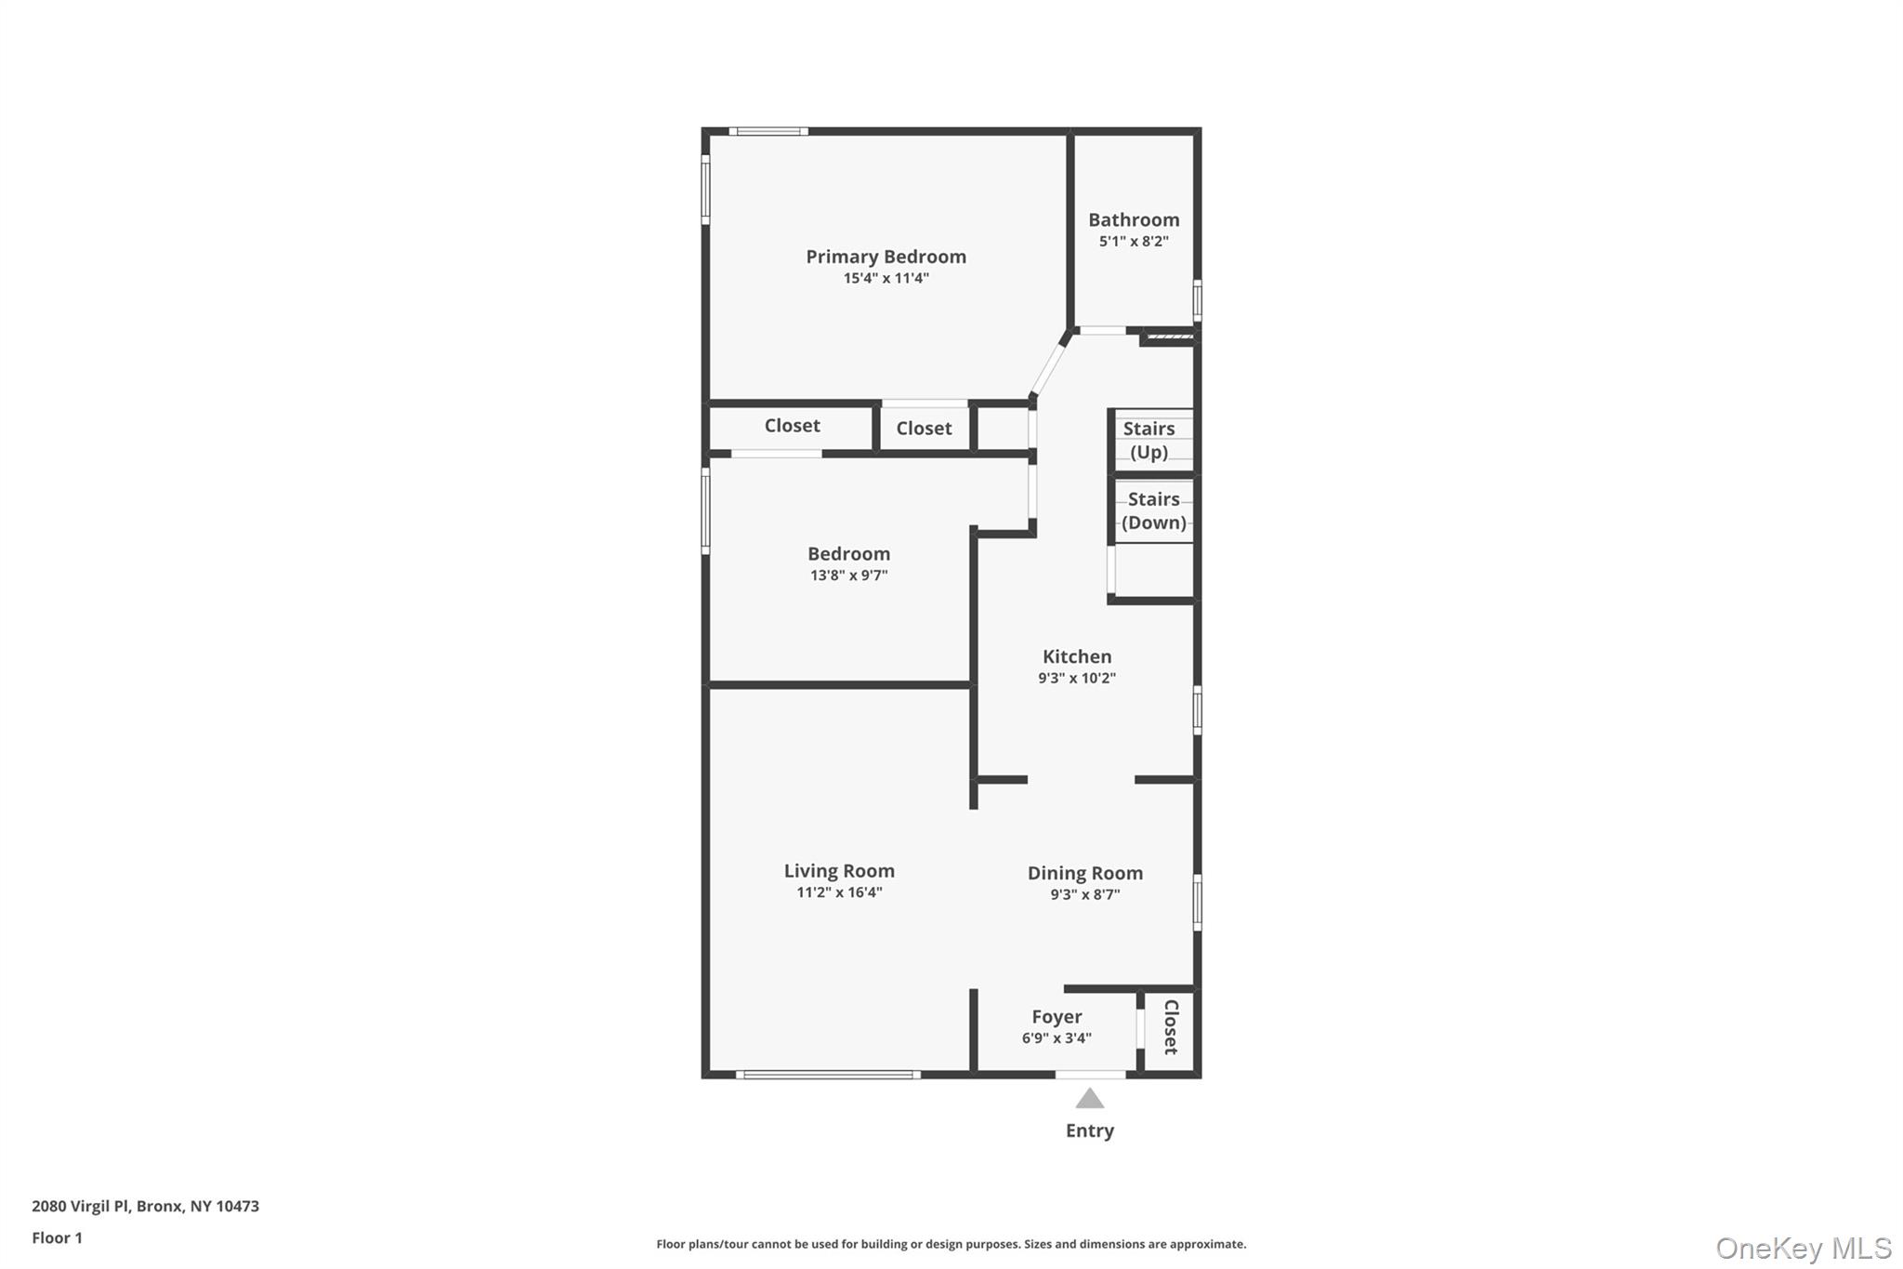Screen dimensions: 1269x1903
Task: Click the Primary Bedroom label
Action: tap(886, 257)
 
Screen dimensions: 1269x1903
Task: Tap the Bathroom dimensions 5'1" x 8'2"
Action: tap(1134, 242)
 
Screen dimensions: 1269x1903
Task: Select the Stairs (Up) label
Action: tap(1148, 441)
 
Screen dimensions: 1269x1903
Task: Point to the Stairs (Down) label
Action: tap(1153, 510)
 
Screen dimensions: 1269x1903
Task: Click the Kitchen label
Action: tap(1076, 656)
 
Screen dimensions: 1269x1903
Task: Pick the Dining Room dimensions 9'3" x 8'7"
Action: tap(1084, 894)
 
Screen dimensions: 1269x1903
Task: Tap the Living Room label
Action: tap(839, 871)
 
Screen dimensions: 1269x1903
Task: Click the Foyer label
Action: tap(1056, 1017)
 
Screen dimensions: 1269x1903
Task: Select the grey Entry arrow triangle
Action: tap(1090, 1100)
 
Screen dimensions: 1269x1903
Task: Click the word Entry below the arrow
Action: tap(1089, 1130)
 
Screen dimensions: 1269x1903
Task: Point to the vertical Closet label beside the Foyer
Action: tap(1171, 1027)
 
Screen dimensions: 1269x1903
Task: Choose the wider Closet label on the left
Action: tap(792, 426)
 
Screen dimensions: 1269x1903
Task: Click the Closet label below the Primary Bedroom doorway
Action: tap(924, 429)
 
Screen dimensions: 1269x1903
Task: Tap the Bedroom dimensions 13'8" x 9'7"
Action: tap(848, 575)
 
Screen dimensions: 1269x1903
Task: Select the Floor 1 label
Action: tap(57, 1237)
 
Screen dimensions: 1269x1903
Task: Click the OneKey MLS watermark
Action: tap(1803, 1248)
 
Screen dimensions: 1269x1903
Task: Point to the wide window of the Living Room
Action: tap(828, 1075)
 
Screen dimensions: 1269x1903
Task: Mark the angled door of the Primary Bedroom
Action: tap(1052, 364)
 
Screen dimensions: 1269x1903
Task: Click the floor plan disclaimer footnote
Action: tap(951, 1244)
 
